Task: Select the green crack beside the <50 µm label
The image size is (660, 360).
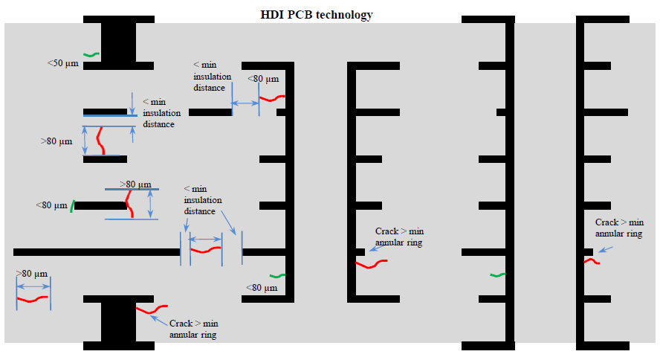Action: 91,54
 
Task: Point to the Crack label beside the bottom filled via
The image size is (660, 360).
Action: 193,329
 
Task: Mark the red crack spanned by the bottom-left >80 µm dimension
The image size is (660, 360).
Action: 33,299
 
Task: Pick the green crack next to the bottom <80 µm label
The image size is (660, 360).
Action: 276,277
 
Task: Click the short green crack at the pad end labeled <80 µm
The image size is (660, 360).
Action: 72,206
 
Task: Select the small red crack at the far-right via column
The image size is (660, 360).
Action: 592,261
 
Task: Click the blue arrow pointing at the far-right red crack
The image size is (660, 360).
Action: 606,250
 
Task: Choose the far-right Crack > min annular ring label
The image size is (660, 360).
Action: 619,228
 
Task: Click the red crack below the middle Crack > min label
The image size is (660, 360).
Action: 371,264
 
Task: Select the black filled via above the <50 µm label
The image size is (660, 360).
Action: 118,41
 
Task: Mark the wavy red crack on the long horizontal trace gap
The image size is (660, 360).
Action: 206,249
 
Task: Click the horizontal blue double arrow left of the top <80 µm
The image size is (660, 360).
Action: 245,105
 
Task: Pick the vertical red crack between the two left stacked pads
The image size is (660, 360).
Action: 100,141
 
